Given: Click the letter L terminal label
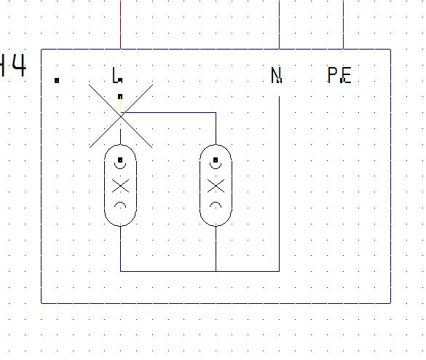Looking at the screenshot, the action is (116, 75).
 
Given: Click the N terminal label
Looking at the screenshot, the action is (276, 75).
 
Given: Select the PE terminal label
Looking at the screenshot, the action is (339, 75).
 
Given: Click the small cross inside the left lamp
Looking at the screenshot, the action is (120, 186).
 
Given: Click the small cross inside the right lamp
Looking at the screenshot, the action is (216, 186).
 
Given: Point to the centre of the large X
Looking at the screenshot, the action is (121, 116).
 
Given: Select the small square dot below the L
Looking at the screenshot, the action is (120, 96).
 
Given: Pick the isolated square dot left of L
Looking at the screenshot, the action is (57, 80).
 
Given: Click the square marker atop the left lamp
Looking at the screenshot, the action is (120, 160).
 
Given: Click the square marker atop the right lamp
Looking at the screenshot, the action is (216, 160).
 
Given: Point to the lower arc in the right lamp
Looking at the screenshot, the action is (216, 203).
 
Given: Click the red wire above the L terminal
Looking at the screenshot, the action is (120, 25).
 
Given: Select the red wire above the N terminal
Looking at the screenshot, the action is (279, 25).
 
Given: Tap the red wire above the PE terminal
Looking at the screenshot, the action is (343, 25).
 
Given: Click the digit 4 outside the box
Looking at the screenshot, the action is (19, 66).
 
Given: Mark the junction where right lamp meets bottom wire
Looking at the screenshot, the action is (216, 271).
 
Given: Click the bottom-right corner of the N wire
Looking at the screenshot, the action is (279, 271).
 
